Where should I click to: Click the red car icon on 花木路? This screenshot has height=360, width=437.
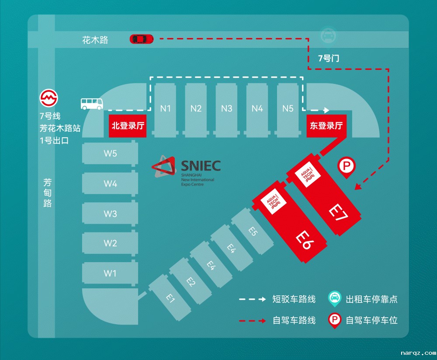click(142, 39)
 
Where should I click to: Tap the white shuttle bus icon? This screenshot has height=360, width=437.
click(92, 104)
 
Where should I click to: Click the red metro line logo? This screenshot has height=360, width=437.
click(49, 98)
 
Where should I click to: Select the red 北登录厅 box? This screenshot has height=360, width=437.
click(128, 126)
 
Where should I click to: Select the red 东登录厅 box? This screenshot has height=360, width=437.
click(326, 126)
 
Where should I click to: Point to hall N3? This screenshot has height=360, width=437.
click(226, 108)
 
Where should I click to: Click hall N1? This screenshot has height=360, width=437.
click(165, 108)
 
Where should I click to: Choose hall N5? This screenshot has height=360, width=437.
click(288, 108)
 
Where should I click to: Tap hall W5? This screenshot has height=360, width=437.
click(110, 154)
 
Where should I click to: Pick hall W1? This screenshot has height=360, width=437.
click(110, 273)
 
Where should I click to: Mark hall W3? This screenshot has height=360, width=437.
click(110, 214)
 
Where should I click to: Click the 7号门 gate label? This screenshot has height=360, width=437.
click(328, 58)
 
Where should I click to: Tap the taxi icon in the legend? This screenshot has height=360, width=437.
click(335, 299)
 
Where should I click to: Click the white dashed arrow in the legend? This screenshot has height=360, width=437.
click(252, 299)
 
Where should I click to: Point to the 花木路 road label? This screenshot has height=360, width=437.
click(95, 40)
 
